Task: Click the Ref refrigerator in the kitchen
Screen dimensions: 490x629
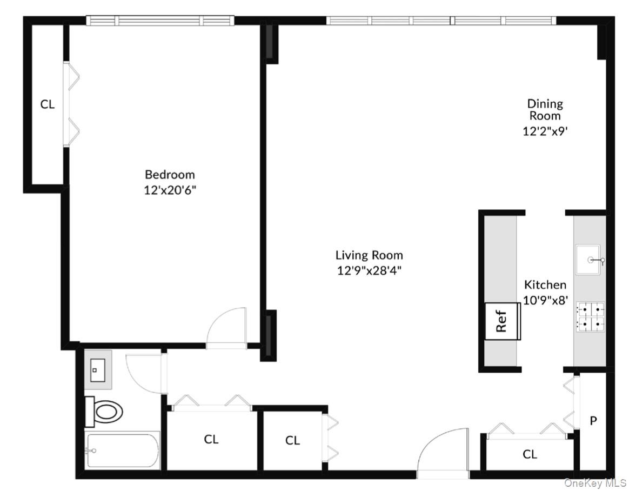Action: (x=503, y=321)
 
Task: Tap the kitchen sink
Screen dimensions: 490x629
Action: (x=588, y=261)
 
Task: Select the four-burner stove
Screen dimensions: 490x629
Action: (x=590, y=317)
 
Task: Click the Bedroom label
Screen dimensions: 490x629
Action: (x=170, y=175)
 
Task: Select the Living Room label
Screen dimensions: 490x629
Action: (x=369, y=255)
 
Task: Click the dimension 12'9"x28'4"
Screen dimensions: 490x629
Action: (x=369, y=270)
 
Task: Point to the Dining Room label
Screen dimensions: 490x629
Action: (x=545, y=109)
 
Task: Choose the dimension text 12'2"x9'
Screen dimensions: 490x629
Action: (x=545, y=130)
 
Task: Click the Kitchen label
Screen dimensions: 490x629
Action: (x=545, y=284)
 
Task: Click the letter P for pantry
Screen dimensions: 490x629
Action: (x=593, y=420)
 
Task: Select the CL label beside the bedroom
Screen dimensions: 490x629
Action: (x=48, y=104)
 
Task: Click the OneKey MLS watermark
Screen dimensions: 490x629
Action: (x=595, y=482)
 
